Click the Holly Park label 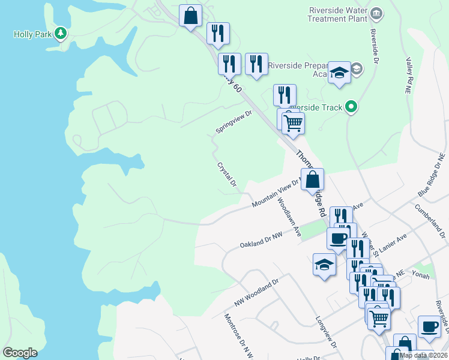tap(33, 34)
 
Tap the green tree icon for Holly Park tap(61, 34)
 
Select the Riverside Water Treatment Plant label tap(337, 14)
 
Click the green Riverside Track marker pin tap(352, 107)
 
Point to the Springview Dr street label tap(234, 122)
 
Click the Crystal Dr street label tap(228, 175)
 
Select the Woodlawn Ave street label tap(288, 218)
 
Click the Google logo tap(20, 352)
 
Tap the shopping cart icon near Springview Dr tap(293, 123)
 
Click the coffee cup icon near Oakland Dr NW tap(337, 238)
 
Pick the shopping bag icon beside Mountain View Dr tap(312, 179)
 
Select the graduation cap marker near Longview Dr tap(324, 264)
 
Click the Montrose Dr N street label tap(238, 336)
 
